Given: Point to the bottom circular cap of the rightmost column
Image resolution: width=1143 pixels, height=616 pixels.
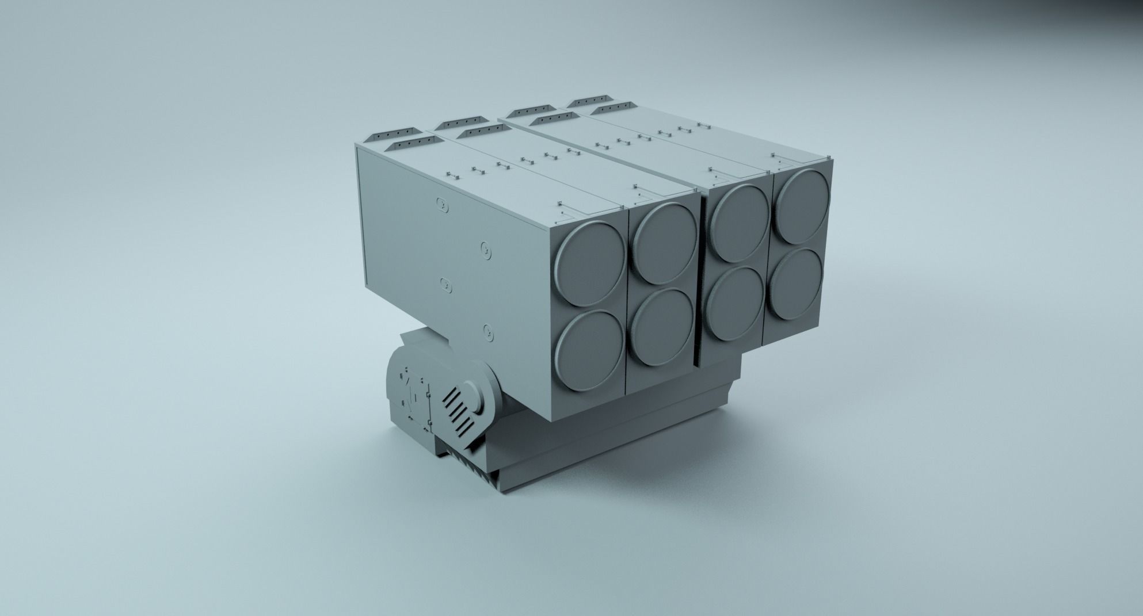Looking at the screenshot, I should (x=797, y=284).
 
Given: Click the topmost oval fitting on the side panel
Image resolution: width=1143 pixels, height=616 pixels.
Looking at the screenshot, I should (x=442, y=203).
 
